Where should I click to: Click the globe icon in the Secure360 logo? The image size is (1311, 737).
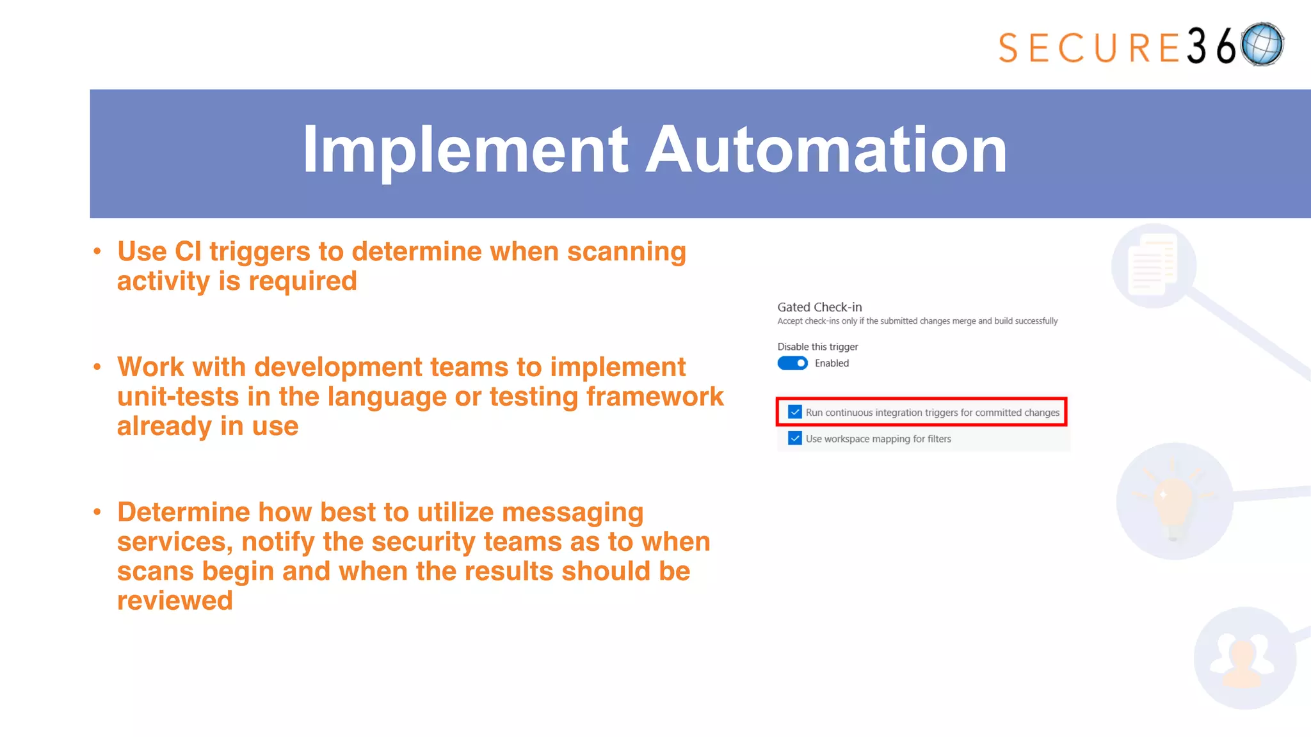(1262, 44)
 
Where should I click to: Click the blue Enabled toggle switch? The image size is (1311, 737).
(792, 363)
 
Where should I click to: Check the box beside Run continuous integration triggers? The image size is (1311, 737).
(795, 412)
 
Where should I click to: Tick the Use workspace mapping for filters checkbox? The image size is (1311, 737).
(795, 438)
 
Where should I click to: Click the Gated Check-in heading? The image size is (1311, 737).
(819, 307)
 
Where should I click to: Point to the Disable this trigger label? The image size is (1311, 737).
(817, 347)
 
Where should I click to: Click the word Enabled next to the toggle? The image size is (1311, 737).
(832, 363)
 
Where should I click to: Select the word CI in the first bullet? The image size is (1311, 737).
(188, 251)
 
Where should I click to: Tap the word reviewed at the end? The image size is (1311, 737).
(175, 601)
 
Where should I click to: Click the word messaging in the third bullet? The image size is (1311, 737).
(572, 512)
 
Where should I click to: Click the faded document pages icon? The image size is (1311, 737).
(1154, 265)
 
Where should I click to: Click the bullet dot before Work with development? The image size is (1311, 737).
(97, 367)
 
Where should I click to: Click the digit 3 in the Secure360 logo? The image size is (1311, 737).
(1196, 47)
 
